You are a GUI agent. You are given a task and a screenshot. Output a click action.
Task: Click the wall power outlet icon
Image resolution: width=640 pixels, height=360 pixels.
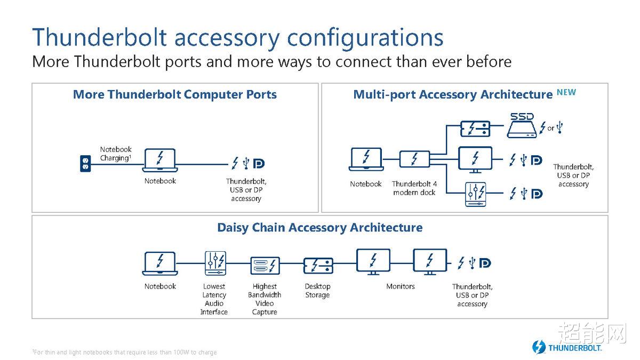click(85, 163)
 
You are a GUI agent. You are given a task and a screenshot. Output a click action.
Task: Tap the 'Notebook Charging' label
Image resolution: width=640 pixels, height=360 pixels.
click(116, 154)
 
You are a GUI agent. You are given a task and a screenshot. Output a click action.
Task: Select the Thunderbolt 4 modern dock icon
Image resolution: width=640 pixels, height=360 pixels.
click(414, 159)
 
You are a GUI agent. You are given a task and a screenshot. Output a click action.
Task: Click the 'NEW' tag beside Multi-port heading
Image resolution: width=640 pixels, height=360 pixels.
click(566, 92)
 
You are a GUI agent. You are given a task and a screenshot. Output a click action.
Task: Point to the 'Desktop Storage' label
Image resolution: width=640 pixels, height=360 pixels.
click(317, 291)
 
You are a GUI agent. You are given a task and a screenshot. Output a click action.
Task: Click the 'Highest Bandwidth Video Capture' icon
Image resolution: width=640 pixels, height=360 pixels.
click(265, 266)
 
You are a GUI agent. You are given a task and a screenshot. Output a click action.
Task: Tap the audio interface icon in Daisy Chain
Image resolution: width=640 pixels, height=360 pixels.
click(215, 263)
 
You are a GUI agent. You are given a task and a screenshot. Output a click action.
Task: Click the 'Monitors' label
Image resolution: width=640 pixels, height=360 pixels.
click(401, 286)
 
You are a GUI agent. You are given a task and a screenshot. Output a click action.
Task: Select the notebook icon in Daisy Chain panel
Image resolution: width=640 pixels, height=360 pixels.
click(160, 263)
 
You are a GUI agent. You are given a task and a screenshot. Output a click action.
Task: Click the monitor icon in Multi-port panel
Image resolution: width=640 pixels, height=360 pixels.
click(475, 159)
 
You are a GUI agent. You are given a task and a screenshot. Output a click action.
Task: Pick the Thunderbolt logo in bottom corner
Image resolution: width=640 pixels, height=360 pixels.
click(567, 347)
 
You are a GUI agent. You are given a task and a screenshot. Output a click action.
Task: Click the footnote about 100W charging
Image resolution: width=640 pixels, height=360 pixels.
click(124, 353)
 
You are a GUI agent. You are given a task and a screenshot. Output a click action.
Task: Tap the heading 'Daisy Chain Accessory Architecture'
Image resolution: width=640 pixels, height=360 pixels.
click(319, 228)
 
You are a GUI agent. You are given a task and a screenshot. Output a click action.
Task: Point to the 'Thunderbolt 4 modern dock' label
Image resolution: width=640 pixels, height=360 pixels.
click(414, 188)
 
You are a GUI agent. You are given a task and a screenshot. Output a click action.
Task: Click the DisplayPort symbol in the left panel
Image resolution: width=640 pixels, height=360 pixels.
click(259, 163)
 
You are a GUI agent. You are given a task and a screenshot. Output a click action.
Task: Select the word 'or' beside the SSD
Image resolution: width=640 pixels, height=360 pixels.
click(550, 129)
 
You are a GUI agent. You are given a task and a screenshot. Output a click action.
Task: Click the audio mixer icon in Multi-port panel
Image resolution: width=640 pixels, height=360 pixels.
click(475, 194)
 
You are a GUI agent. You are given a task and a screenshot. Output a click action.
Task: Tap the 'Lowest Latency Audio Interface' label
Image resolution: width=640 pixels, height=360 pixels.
click(214, 299)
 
